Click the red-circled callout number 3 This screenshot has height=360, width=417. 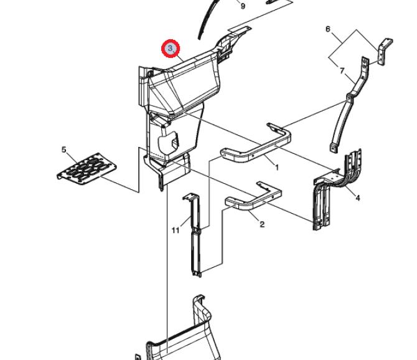(x=171, y=49)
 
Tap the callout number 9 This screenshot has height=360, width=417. (x=243, y=6)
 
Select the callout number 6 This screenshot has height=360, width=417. (x=328, y=29)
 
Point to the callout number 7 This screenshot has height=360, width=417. (x=341, y=72)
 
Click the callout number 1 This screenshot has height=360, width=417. (x=277, y=168)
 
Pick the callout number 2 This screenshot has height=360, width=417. (x=262, y=224)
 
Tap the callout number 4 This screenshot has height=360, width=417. (x=357, y=198)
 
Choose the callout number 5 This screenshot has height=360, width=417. (x=63, y=149)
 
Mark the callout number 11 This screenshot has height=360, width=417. (x=176, y=230)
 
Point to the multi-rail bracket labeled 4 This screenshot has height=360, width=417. (x=333, y=187)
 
